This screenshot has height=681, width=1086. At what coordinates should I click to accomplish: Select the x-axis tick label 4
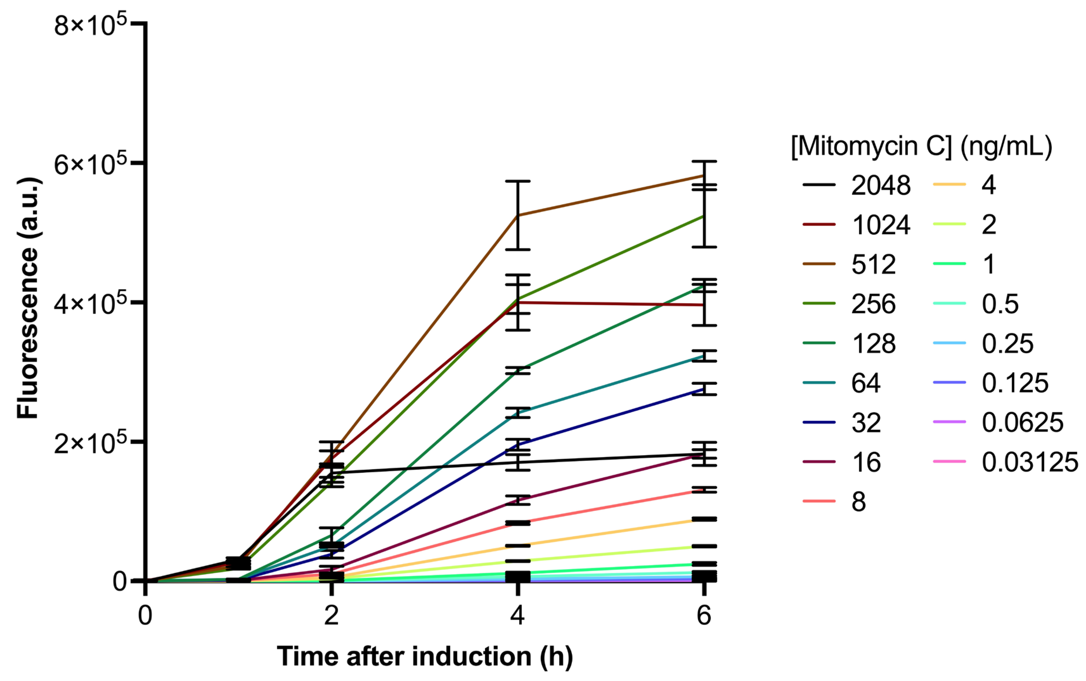[x=517, y=615]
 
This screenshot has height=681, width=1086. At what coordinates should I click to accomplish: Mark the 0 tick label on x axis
[x=145, y=615]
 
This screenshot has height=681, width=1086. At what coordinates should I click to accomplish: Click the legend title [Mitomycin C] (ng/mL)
[x=921, y=146]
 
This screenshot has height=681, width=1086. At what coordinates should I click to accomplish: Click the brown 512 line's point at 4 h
[x=518, y=215]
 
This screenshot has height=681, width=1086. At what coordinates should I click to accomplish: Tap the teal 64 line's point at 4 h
[x=518, y=412]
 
